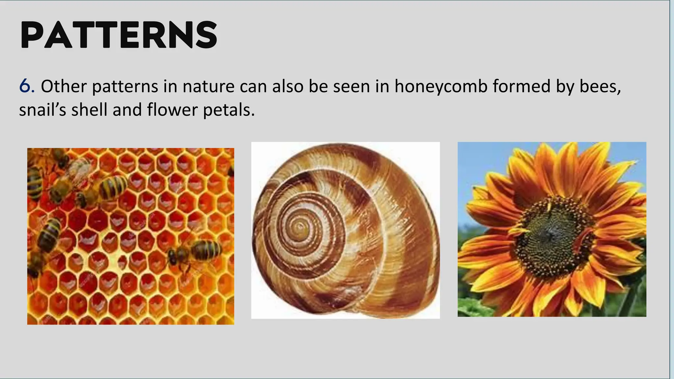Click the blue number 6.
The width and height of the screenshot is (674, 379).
[26, 86]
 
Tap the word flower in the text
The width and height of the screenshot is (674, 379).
[172, 110]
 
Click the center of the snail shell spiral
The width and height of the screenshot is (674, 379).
[300, 227]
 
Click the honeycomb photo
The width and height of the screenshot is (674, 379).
[131, 236]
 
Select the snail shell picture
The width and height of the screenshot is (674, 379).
[345, 230]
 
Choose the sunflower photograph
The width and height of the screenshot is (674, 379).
[552, 229]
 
